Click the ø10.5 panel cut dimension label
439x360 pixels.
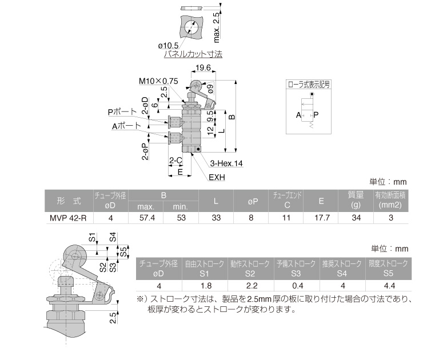(x=168, y=46)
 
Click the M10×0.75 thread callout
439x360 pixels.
(x=158, y=81)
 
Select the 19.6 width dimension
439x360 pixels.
(x=203, y=67)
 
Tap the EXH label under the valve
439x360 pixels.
(x=217, y=178)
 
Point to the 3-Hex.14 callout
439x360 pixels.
(x=226, y=163)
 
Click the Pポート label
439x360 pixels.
(x=122, y=112)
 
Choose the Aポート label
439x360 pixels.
(x=126, y=126)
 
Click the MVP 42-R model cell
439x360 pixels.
(x=68, y=218)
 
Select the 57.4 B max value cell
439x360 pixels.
(x=147, y=218)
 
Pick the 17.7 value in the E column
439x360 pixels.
(x=322, y=218)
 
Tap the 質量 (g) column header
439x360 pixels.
(x=356, y=200)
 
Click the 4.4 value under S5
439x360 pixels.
(x=389, y=286)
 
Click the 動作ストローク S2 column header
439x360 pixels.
(x=250, y=269)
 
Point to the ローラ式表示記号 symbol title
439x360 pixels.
(x=309, y=84)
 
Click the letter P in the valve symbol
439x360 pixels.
(x=316, y=115)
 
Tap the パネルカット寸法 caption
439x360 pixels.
(x=193, y=54)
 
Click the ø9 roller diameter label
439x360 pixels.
(x=210, y=89)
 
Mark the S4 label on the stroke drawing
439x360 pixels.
(x=113, y=237)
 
